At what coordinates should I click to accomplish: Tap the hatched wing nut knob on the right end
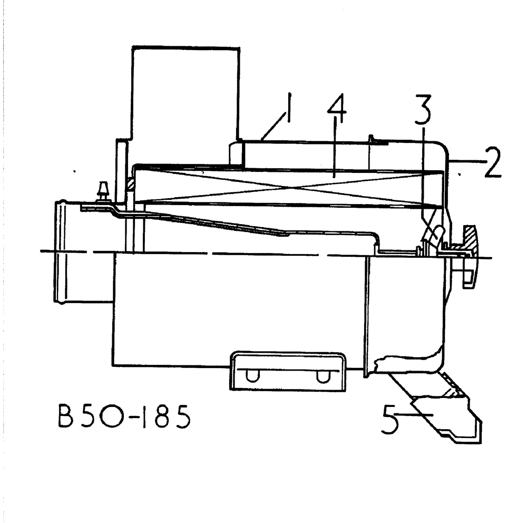tap(470, 256)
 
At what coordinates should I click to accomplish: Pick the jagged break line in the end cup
tap(406, 363)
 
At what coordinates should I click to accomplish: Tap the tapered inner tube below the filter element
tap(221, 221)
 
